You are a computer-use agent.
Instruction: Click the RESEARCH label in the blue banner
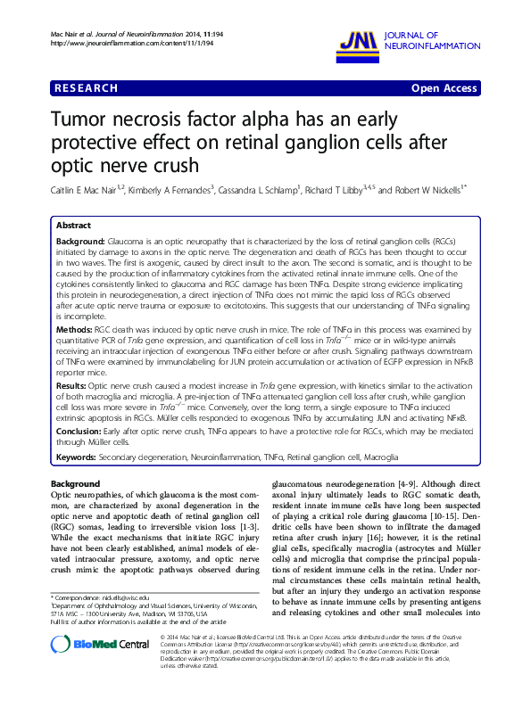click(86, 88)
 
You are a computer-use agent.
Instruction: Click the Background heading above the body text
click(76, 483)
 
